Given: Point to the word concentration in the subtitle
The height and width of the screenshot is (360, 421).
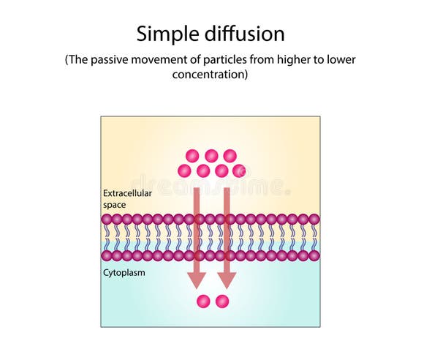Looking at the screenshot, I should tap(210, 75).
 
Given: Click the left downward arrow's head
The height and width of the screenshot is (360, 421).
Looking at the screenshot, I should tap(196, 280).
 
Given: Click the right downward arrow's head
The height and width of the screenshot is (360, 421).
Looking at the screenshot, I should tap(227, 280).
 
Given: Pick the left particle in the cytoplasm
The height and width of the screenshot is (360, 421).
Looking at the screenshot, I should tap(203, 301).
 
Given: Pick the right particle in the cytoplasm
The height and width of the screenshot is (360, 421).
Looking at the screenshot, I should tap(222, 301).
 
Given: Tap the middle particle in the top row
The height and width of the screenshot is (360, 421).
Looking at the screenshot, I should tap(211, 155).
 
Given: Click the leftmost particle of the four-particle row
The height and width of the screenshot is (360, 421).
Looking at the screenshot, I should tap(184, 170).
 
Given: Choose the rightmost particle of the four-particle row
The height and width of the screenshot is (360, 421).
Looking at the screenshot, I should tap(239, 170).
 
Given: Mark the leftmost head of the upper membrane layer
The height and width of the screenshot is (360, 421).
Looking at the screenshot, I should tap(107, 219).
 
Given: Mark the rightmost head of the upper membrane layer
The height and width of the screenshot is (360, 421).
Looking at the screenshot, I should tap(314, 219).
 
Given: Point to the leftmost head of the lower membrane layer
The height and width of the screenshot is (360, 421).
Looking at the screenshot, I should tap(107, 255).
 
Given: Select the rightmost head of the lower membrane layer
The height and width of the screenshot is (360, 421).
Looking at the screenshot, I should tap(314, 255).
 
